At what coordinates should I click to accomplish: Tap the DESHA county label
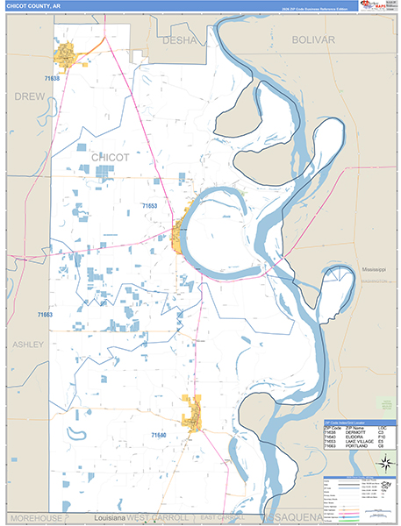coord(180,39)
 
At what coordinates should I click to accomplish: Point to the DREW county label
coord(30,95)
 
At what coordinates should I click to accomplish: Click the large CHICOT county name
coord(110,157)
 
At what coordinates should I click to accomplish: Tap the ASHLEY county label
coord(27,345)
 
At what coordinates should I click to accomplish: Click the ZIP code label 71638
coord(51,78)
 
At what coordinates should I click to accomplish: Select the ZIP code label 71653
coord(149,206)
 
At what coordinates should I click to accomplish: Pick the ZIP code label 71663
coord(44,315)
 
